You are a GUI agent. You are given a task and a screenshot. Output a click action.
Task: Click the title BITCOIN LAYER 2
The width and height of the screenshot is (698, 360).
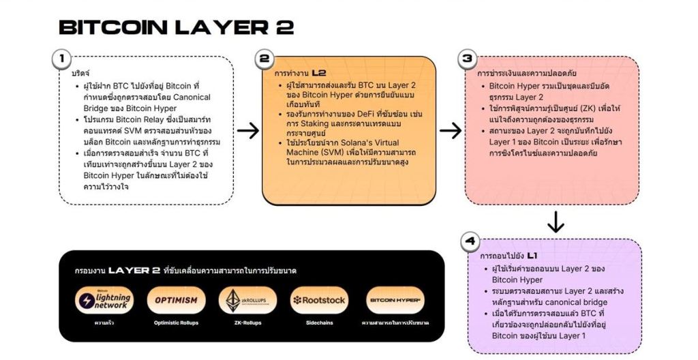176,27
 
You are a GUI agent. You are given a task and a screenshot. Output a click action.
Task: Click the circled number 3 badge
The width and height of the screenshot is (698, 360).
468,59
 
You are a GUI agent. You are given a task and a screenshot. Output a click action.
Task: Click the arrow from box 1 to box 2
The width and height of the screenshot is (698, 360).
247,130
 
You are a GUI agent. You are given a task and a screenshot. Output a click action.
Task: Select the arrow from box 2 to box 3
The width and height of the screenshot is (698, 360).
451,130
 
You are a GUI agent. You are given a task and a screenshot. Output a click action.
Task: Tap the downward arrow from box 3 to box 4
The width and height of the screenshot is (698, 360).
556,222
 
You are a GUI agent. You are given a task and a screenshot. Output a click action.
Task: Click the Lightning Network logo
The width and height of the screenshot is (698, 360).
104,300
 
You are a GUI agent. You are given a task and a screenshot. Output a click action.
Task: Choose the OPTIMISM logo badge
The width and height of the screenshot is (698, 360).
176,300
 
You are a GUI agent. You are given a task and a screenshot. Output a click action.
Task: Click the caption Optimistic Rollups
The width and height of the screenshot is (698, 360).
176,322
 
